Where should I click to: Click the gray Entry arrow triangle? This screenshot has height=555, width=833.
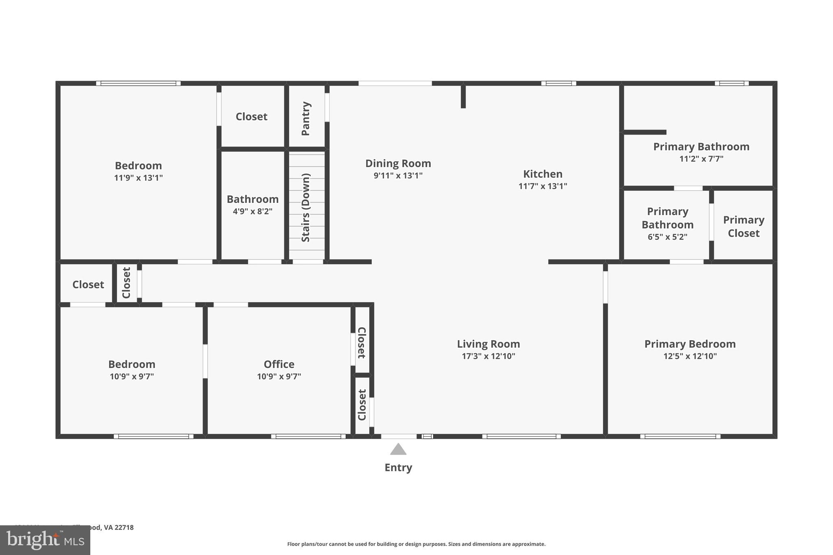pos(398,450)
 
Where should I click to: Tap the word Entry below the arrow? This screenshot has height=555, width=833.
pos(398,468)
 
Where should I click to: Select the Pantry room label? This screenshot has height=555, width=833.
pos(306,118)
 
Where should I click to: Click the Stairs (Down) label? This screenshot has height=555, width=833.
pos(306,207)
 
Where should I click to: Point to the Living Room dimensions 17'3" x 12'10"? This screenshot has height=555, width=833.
pos(488,356)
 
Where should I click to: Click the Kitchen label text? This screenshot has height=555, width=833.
pos(543,174)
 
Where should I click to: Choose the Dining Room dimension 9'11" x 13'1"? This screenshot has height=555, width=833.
pos(398,176)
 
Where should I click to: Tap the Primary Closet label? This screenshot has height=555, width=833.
pos(743,226)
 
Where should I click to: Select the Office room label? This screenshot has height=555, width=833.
pos(279,364)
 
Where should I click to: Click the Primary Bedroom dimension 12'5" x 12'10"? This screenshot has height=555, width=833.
pos(690,356)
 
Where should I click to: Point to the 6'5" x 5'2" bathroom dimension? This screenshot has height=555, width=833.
pos(667,237)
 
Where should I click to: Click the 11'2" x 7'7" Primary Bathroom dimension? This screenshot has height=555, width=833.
pos(701,159)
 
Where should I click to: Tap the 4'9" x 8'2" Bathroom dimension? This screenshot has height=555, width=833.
pos(252,211)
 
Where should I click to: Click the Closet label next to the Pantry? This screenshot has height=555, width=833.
pos(251,117)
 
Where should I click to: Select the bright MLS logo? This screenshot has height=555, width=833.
pos(45,540)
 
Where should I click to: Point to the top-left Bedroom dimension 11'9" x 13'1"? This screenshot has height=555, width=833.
pos(138,178)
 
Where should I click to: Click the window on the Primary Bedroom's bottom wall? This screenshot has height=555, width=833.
pos(680,436)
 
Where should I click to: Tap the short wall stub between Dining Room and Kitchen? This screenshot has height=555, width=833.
pos(463,96)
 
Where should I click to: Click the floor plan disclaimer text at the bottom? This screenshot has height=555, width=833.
pos(416,544)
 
